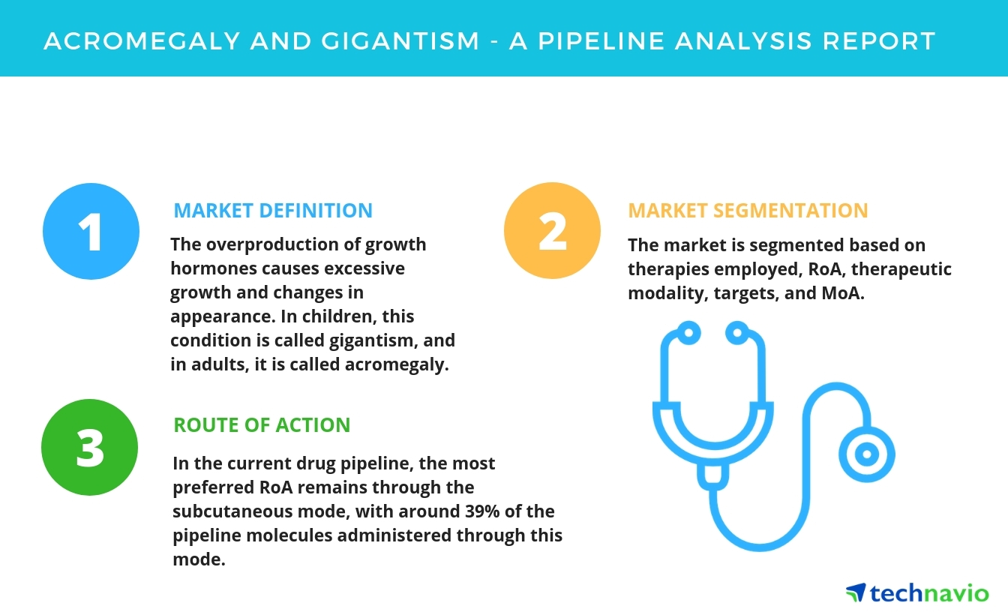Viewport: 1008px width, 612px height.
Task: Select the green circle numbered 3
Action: [90, 447]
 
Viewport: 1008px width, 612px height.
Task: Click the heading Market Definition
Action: [273, 211]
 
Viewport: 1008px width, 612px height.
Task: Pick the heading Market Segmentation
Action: [748, 211]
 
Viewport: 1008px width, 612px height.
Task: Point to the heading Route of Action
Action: [262, 425]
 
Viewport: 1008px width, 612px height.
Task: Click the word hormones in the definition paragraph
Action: [204, 269]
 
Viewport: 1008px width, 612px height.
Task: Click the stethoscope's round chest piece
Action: [867, 454]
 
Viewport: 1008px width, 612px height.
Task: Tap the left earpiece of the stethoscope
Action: [687, 331]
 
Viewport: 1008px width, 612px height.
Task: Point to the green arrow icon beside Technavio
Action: [855, 592]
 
